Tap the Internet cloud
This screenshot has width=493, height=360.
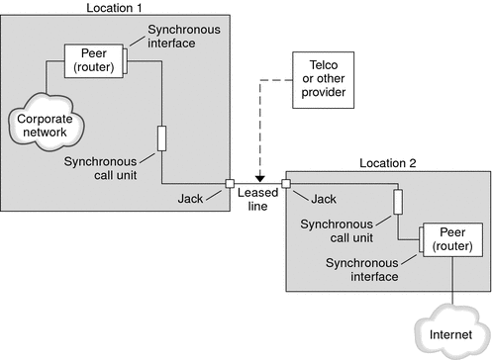pos(450,334)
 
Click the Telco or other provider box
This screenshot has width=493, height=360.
pos(318,74)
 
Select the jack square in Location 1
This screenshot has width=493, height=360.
pos(230,183)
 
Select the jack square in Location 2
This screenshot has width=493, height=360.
pos(286,183)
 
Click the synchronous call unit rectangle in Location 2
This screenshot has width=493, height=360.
pos(397,202)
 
